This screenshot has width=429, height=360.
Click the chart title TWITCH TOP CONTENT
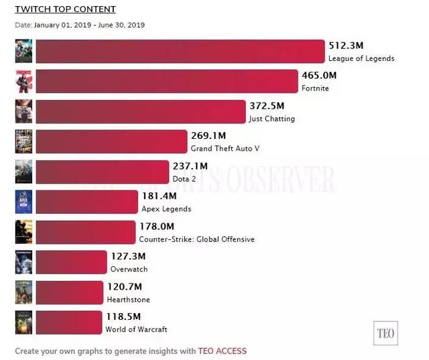coord(65,9)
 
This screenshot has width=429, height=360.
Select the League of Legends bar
coord(180,52)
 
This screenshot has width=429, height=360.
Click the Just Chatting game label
coord(271,119)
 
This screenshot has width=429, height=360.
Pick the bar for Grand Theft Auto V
coord(111,141)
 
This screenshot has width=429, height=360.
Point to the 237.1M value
coord(190,166)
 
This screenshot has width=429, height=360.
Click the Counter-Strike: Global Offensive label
coord(196,239)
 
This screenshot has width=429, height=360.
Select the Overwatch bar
coord(71,262)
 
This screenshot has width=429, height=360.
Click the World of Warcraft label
coord(136,329)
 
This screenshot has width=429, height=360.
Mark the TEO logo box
coord(385,332)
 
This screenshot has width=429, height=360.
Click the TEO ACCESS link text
coord(223,351)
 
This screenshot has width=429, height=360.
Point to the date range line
coord(80,25)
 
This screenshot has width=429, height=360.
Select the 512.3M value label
coord(346,46)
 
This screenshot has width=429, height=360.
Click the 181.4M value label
coord(159,196)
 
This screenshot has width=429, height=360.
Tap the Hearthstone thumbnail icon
coord(23,292)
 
